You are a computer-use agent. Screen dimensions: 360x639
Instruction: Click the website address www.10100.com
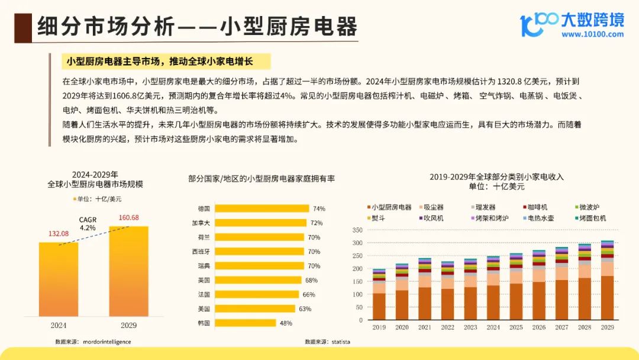pyautogui.click(x=592, y=34)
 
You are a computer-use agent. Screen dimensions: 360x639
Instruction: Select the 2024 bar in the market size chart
pyautogui.click(x=59, y=278)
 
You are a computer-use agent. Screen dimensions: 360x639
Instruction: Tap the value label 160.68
pyautogui.click(x=128, y=217)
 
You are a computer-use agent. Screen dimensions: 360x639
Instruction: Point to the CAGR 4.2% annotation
pyautogui.click(x=88, y=223)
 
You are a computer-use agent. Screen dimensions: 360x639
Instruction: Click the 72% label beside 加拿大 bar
pyautogui.click(x=316, y=223)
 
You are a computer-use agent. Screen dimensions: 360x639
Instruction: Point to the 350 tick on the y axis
pyautogui.click(x=356, y=230)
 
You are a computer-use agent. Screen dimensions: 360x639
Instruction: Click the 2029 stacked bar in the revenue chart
pyautogui.click(x=607, y=281)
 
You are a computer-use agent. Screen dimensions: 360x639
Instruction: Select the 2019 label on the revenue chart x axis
pyautogui.click(x=379, y=327)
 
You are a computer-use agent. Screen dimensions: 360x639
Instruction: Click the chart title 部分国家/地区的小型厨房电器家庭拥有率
pyautogui.click(x=262, y=178)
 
